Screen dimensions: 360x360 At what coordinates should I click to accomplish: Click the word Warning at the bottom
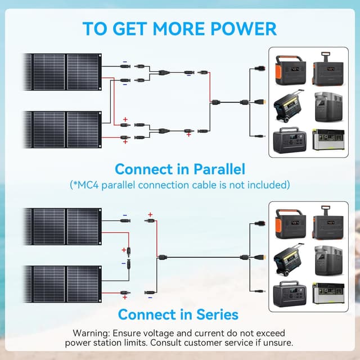pos(92,333)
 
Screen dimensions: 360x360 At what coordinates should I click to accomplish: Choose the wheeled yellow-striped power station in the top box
pos(289,106)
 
